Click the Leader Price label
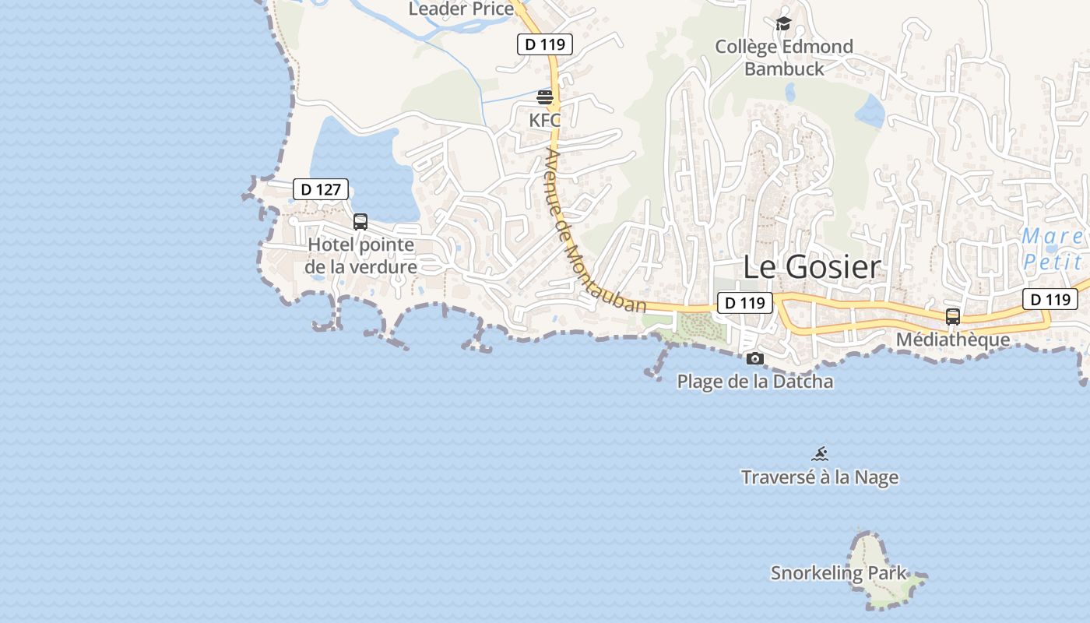461,9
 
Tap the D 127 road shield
321,189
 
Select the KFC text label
545,120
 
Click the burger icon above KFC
545,97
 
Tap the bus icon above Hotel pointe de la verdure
360,221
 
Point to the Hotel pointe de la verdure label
361,255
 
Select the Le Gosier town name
812,267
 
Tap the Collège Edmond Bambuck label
784,58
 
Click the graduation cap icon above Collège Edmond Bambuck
783,24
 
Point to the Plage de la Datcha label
755,382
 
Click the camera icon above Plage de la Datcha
754,359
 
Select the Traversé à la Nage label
820,477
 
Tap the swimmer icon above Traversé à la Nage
820,453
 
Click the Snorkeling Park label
839,573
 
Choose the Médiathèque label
953,340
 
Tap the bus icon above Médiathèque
953,317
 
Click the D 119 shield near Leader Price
545,44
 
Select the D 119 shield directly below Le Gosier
744,303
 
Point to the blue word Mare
1052,236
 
